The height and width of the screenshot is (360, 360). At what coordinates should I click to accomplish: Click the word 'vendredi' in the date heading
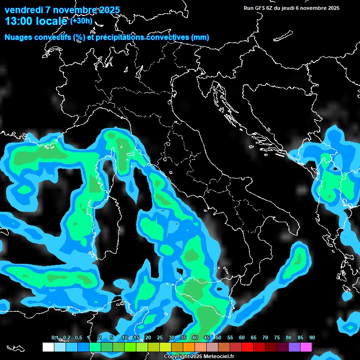tap(23, 10)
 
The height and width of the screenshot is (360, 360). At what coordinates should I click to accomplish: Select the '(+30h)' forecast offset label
tap(81, 21)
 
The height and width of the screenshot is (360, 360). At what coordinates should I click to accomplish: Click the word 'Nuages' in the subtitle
tap(19, 37)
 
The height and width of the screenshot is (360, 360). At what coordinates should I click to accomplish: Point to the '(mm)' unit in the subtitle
tap(200, 37)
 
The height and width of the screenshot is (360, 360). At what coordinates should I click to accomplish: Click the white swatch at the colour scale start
tap(48, 347)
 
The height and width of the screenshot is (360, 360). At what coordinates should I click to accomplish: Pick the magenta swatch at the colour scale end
tap(306, 347)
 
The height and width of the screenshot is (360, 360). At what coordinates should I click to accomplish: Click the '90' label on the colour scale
tap(312, 337)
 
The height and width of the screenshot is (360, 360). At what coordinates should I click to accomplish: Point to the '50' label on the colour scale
tap(218, 337)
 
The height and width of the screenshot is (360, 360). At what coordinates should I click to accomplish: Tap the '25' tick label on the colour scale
tap(160, 337)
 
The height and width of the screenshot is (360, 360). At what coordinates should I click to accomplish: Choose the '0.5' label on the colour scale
tap(78, 337)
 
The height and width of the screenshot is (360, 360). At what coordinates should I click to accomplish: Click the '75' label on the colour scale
tap(277, 337)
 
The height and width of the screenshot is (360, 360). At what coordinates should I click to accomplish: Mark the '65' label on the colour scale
tap(254, 337)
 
